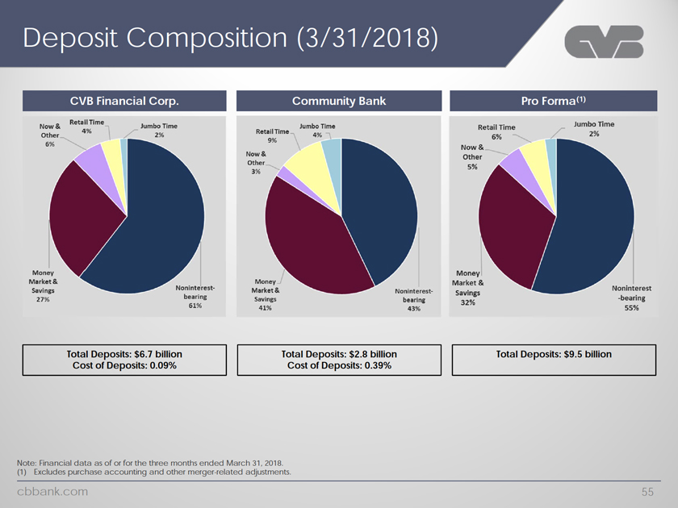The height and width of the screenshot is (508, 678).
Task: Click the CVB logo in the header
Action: [x=604, y=44]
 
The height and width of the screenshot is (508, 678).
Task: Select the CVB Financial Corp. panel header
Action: [x=124, y=101]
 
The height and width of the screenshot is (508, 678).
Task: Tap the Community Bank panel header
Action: [x=339, y=101]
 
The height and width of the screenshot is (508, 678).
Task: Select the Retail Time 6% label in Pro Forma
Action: [x=496, y=132]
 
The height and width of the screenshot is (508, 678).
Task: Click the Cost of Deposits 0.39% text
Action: [x=339, y=365]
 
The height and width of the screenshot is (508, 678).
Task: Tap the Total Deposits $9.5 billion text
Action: [x=554, y=354]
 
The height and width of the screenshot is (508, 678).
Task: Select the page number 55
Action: [x=646, y=490]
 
